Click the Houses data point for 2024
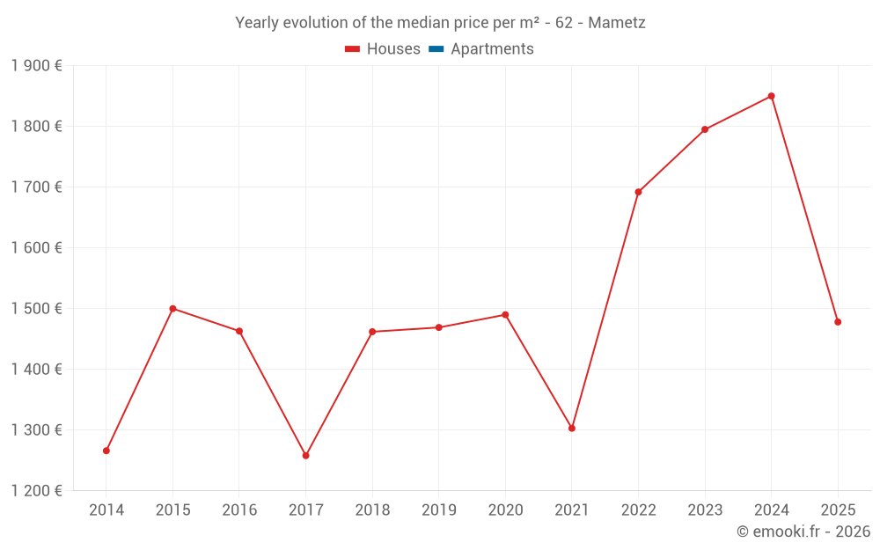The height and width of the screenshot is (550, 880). click(771, 96)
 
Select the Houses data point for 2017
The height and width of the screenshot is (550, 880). click(305, 456)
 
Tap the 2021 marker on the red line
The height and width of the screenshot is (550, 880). click(572, 429)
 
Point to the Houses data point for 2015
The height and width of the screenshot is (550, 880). click(172, 309)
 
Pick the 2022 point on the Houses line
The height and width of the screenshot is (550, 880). click(638, 192)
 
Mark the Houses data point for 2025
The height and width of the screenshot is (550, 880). click(838, 322)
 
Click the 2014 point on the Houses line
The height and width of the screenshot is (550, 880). click(106, 451)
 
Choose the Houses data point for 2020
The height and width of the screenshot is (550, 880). click(505, 315)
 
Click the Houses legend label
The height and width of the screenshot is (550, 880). click(393, 49)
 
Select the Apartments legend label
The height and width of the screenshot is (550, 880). click(492, 49)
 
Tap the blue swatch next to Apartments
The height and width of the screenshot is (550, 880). click(436, 49)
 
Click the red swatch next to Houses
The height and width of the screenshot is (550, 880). click(353, 49)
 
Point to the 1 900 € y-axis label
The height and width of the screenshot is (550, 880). click(36, 66)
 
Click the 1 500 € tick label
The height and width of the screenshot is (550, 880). click(36, 309)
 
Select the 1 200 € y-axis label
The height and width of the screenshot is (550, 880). click(36, 491)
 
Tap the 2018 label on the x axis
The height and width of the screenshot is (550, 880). click(372, 510)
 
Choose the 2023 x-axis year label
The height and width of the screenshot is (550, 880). click(705, 510)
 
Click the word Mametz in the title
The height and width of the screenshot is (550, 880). click(617, 23)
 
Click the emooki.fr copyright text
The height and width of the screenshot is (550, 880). click(803, 532)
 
